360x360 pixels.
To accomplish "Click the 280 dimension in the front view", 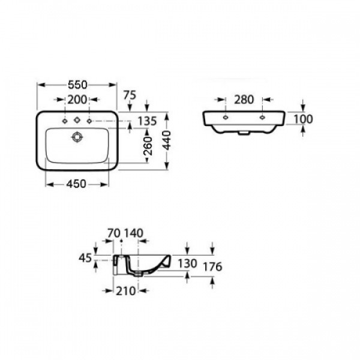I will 244,99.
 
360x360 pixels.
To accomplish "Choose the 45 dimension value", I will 85,259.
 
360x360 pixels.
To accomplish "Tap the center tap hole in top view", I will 77,122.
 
